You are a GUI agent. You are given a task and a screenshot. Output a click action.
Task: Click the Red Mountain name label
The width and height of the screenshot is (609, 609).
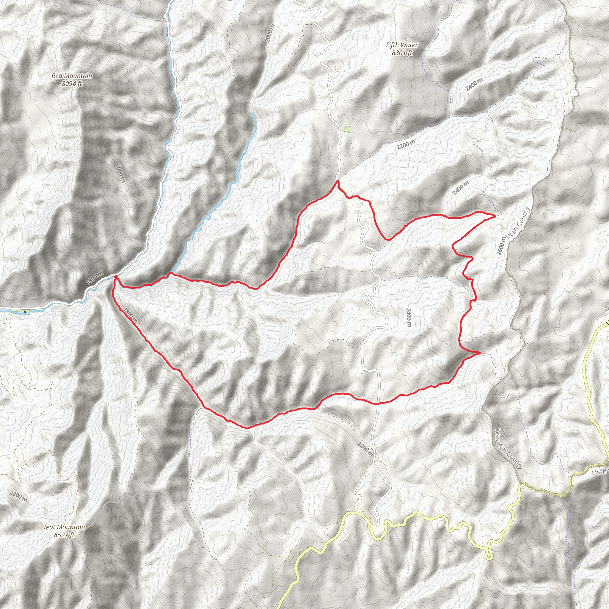tap(72, 76)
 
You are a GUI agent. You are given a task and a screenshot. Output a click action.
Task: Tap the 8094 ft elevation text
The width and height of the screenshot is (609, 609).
tap(72, 84)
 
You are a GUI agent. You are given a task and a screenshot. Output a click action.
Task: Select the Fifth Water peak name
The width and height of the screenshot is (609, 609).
tap(402, 45)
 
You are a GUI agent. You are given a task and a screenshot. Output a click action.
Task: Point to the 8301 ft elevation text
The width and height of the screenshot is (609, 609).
tap(402, 53)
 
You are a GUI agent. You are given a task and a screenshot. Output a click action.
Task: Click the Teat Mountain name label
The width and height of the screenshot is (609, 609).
tap(64, 527)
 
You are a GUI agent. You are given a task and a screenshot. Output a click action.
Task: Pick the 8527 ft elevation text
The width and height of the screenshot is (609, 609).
tap(64, 535)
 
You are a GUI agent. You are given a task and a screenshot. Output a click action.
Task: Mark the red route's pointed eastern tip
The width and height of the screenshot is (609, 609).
tap(495, 216)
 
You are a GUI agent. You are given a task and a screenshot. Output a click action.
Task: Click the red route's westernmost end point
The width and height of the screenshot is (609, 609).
tap(115, 277)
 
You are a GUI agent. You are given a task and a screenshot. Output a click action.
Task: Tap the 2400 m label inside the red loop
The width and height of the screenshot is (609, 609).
tap(409, 317)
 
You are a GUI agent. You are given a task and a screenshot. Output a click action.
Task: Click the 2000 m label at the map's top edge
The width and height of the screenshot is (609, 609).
tap(270, 33)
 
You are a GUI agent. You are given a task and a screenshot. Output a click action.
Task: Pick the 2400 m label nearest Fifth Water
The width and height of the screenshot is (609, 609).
tap(474, 84)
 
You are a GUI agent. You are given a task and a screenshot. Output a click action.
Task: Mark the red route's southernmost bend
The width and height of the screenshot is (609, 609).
tap(247, 428)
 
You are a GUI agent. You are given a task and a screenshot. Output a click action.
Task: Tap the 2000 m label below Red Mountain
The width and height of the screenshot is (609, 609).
tap(121, 173)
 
